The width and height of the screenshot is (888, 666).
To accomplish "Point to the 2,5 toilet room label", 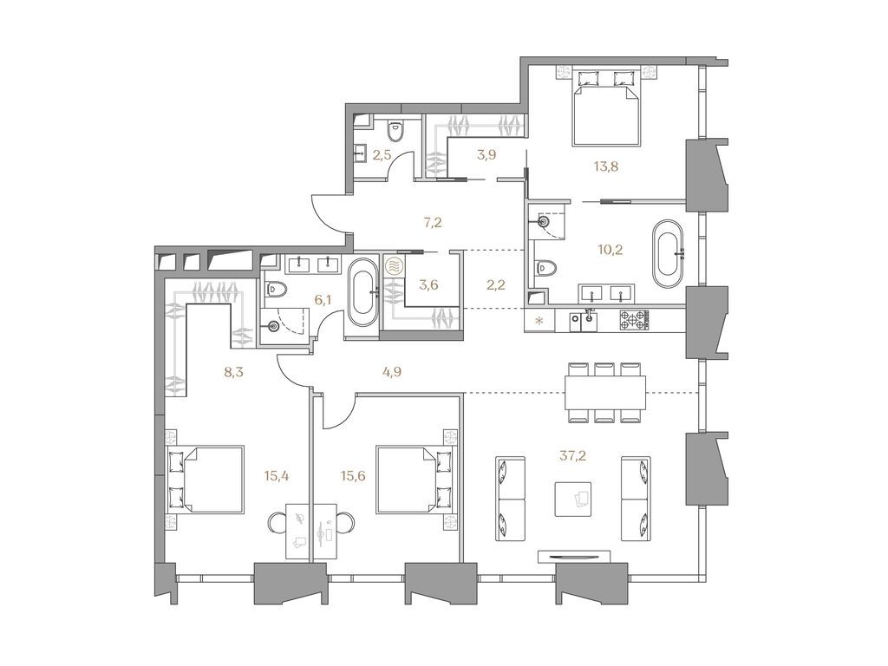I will coord(382,155).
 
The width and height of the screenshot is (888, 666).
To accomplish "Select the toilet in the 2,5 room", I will coord(395,131).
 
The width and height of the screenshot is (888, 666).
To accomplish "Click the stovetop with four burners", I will coord(634,320).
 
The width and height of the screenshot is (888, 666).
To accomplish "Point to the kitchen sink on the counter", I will coord(590,320).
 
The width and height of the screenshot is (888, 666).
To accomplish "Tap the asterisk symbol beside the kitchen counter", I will coord(541,322).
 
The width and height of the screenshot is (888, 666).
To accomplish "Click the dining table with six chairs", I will coord(606,391).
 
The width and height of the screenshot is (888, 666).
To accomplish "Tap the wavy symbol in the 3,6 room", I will coord(392,266).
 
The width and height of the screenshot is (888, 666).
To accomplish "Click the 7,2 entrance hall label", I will coord(433,222).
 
